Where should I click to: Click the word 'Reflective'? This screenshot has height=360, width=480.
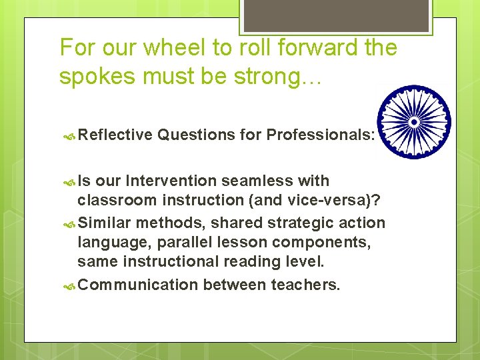coord(115,135)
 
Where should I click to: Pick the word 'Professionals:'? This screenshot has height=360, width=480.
coord(320,135)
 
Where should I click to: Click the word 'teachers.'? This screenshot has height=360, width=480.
coord(305,285)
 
